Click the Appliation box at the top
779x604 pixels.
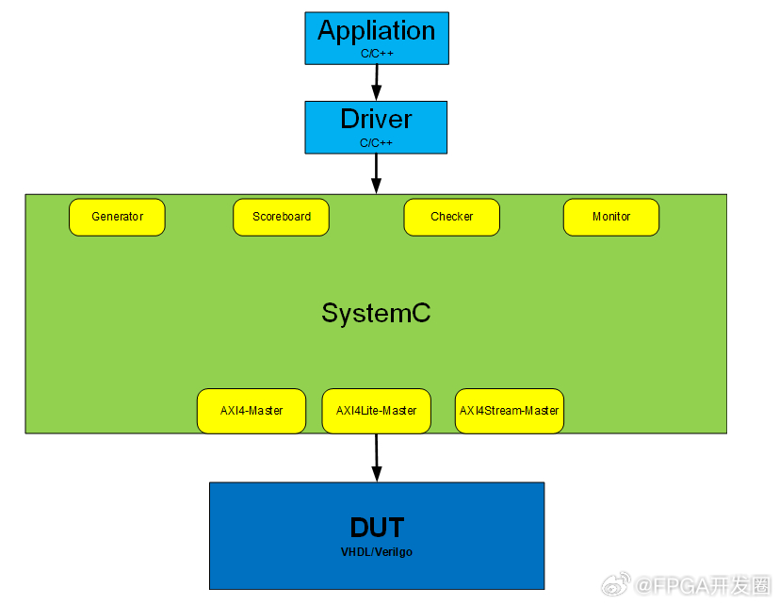[377, 39]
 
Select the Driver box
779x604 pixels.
[376, 127]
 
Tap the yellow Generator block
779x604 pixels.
[117, 218]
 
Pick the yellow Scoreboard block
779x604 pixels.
[282, 218]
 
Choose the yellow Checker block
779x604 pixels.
[451, 218]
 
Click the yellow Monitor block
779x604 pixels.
[611, 218]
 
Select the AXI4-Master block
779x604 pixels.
[252, 411]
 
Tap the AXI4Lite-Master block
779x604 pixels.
[376, 411]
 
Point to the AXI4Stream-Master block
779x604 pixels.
[510, 411]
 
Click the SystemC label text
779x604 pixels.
[376, 313]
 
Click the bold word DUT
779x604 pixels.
[377, 527]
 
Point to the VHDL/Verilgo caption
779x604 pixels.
[377, 552]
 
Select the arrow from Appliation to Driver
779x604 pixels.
[377, 83]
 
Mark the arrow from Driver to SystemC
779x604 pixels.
[376, 174]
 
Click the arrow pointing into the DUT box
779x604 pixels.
[377, 458]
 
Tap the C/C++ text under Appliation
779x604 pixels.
[377, 53]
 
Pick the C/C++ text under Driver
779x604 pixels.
[376, 142]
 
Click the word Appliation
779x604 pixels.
[377, 31]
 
